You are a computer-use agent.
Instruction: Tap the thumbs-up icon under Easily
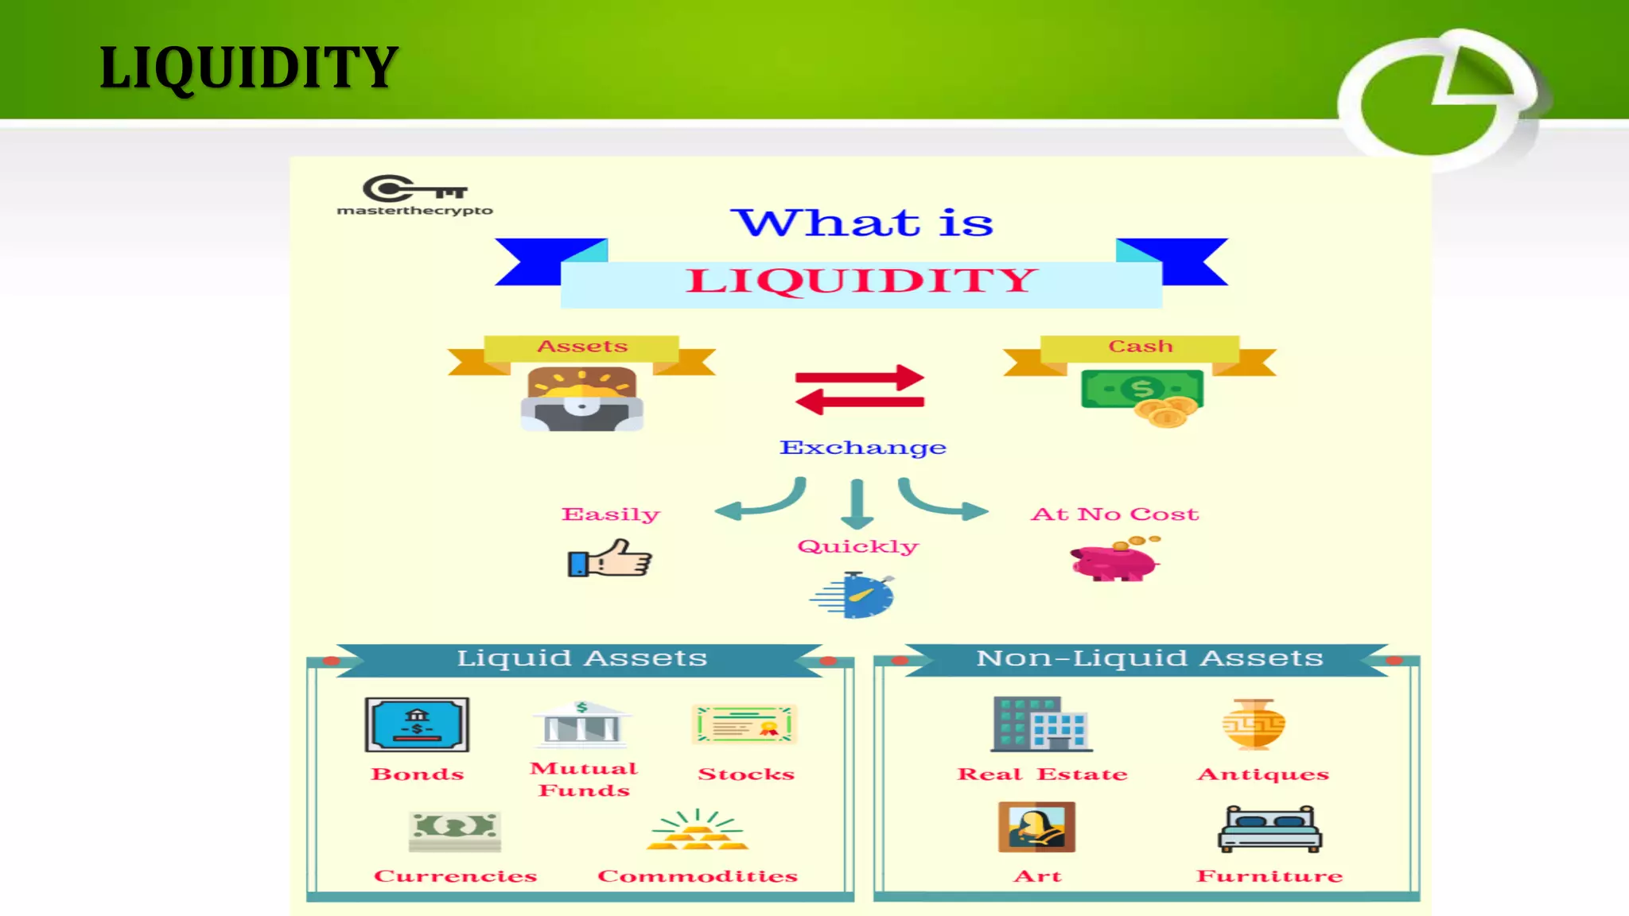(610, 558)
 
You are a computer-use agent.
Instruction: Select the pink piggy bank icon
(1114, 560)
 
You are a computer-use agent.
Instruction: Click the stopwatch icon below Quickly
(856, 596)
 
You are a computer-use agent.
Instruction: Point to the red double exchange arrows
(860, 390)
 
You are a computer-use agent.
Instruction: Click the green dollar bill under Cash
(1141, 390)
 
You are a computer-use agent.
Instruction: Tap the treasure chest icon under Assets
(582, 399)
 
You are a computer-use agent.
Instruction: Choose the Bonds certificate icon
(417, 724)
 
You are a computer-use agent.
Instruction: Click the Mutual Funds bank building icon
(582, 724)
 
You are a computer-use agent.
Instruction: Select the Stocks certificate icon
(745, 724)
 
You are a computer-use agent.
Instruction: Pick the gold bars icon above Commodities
(698, 832)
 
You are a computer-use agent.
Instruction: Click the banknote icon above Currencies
(455, 830)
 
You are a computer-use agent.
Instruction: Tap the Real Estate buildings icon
(1042, 724)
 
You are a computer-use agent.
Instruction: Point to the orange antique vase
(1254, 724)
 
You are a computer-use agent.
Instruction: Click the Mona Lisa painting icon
(1036, 827)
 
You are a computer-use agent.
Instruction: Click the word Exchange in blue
(863, 448)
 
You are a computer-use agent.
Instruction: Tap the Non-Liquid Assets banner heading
(1149, 658)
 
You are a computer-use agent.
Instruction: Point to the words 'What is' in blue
(862, 223)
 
